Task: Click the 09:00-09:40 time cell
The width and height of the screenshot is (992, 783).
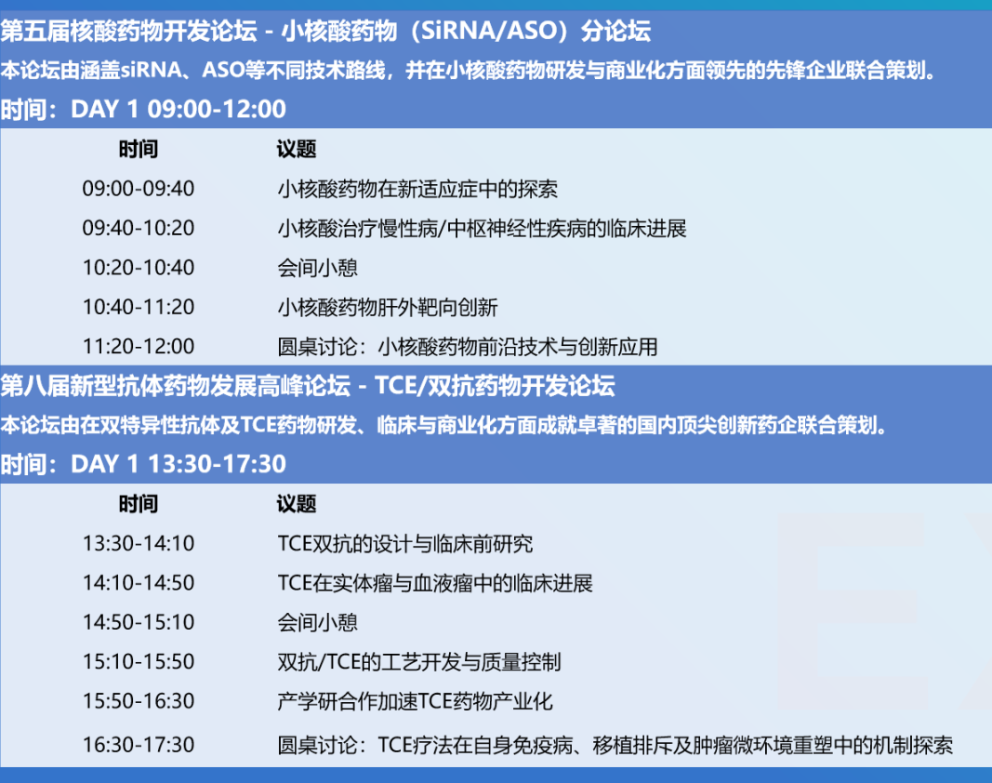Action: [138, 189]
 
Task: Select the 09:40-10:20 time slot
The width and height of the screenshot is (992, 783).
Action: [138, 228]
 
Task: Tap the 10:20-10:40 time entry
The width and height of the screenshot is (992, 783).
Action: [138, 267]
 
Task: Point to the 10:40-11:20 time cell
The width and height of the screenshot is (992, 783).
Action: [138, 307]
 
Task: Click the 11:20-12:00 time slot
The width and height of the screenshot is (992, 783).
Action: [138, 346]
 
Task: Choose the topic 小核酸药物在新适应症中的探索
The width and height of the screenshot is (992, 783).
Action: [417, 189]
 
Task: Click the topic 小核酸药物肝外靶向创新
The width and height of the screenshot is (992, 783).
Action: [387, 307]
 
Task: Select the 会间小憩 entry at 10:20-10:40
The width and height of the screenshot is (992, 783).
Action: [318, 267]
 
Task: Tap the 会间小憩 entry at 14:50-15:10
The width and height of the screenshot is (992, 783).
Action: [318, 622]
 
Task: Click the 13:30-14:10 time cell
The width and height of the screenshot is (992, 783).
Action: [138, 543]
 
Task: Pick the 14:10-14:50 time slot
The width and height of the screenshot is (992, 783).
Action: [138, 582]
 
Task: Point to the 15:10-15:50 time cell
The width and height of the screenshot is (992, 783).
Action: [138, 661]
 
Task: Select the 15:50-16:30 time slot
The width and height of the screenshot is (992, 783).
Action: [138, 701]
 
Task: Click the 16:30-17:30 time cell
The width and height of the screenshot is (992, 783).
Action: [138, 744]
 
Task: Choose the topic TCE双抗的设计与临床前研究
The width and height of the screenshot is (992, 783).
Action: [405, 543]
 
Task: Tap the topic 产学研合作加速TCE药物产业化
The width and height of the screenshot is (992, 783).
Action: [415, 701]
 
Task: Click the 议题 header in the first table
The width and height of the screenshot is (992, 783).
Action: [296, 150]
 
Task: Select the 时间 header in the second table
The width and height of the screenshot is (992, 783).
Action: [138, 505]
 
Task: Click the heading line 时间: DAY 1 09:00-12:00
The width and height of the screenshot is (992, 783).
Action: [143, 109]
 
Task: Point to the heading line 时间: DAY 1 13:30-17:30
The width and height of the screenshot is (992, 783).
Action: [143, 464]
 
